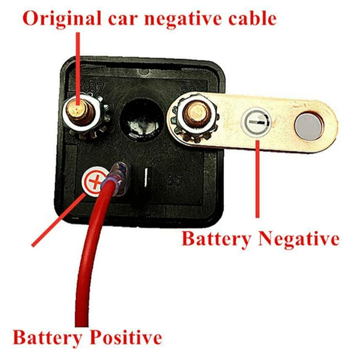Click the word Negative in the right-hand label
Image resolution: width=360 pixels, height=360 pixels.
pyautogui.click(x=297, y=238)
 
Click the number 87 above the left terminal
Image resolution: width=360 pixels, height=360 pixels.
pyautogui.click(x=96, y=88)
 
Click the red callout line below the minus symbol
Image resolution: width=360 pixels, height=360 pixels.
pyautogui.click(x=257, y=180)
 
